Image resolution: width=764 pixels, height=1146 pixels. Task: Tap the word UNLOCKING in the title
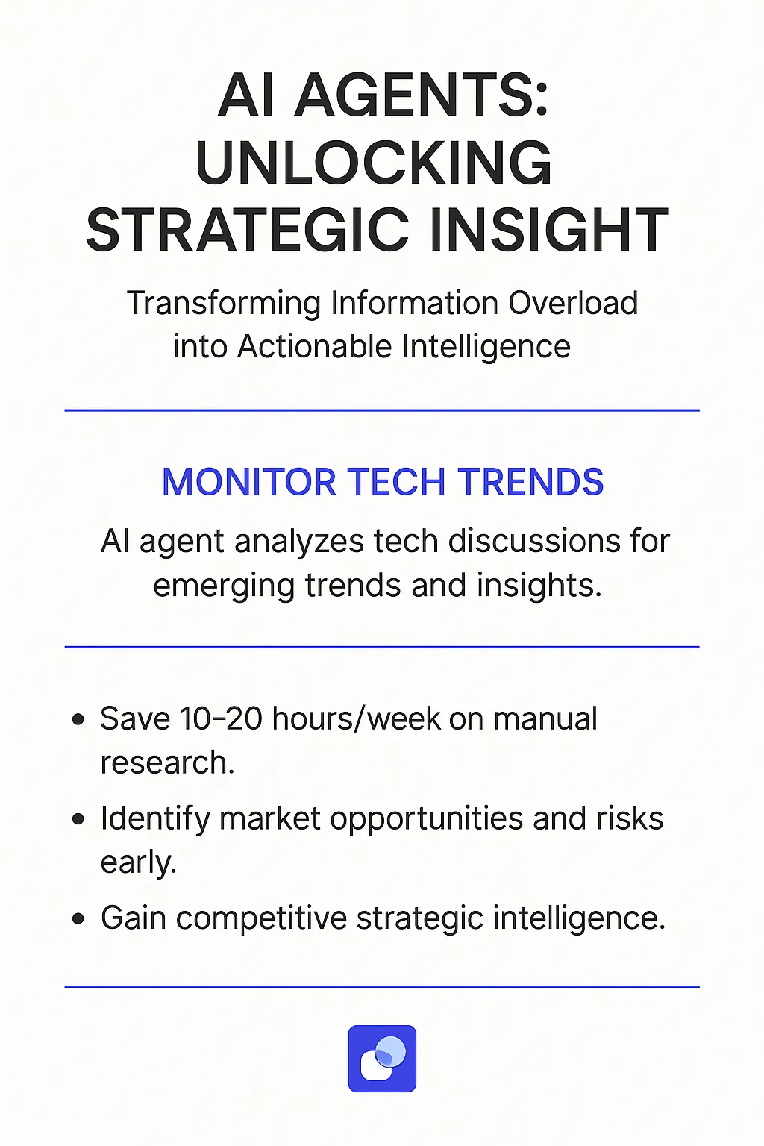(374, 163)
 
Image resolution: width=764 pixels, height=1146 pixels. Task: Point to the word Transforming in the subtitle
(223, 304)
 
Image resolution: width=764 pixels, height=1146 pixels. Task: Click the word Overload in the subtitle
(573, 304)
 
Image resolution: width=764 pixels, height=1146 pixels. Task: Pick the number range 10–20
(221, 719)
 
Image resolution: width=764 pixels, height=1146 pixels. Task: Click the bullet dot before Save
(78, 720)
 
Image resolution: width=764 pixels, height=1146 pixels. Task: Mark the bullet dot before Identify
(78, 819)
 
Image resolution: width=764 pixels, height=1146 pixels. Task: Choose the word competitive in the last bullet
(261, 918)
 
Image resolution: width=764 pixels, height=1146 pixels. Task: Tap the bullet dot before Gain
(78, 918)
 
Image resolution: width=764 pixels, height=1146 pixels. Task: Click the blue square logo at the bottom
(382, 1059)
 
